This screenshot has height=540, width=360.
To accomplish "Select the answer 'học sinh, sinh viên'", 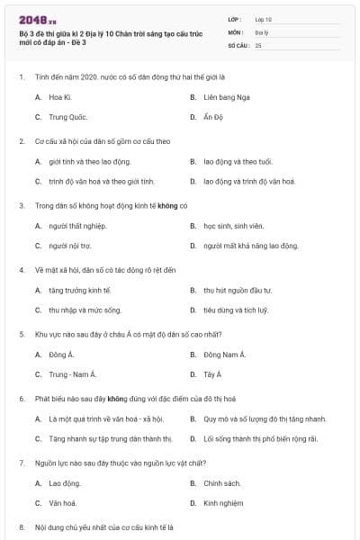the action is (x=232, y=225).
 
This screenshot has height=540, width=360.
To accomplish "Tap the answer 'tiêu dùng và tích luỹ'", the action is (x=236, y=310).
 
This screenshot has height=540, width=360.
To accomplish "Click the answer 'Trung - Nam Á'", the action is (x=72, y=374).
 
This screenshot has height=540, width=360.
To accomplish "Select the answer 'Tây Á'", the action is (x=212, y=374).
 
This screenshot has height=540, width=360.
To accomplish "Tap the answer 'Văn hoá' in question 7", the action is (x=62, y=504).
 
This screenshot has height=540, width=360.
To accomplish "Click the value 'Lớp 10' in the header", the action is (x=263, y=19).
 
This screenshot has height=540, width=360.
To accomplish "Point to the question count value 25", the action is (x=259, y=44).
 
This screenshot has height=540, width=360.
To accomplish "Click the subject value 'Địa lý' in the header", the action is (x=262, y=31).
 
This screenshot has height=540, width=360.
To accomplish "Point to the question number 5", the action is (x=21, y=334).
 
